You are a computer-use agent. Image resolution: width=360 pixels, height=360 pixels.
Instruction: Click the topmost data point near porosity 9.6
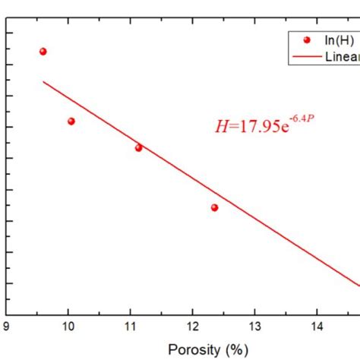[43, 52]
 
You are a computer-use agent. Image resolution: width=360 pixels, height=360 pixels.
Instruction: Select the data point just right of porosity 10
[71, 122]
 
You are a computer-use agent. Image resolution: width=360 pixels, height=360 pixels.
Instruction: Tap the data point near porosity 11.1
[138, 147]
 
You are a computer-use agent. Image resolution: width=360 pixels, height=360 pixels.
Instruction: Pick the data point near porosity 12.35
[215, 207]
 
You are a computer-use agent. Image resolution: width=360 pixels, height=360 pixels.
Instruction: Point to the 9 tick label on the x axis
[6, 327]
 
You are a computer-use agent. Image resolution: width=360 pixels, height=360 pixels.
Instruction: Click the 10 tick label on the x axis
[68, 327]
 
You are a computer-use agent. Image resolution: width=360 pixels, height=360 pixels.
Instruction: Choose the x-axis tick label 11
[131, 327]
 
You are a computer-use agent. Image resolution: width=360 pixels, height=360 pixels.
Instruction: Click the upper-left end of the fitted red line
[43, 81]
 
